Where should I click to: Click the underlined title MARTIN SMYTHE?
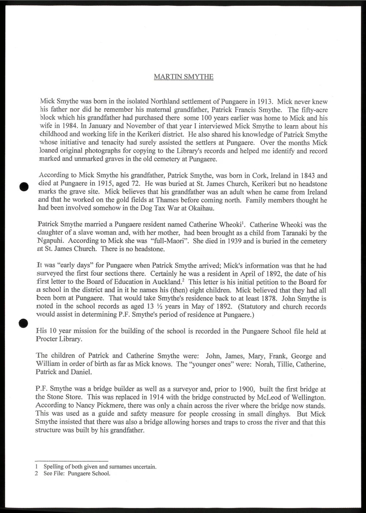[183, 77]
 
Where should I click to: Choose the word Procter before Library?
[47, 339]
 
